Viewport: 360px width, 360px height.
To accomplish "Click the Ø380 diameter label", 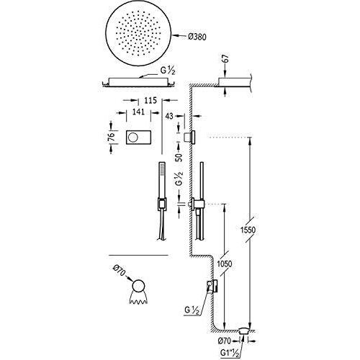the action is click(x=197, y=37).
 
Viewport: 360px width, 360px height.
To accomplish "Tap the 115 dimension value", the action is click(x=150, y=100).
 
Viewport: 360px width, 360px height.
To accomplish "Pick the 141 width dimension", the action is click(x=138, y=112).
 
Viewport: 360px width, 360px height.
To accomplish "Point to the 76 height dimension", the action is click(x=111, y=137).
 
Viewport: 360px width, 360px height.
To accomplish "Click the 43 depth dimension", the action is click(x=169, y=116).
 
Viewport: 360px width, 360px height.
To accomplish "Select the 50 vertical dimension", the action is click(x=179, y=157).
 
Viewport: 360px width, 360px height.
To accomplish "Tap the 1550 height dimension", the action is click(x=248, y=230).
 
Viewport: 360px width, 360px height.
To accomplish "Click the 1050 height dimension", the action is click(x=224, y=264).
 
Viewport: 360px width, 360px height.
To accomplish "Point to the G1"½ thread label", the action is click(x=230, y=353).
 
